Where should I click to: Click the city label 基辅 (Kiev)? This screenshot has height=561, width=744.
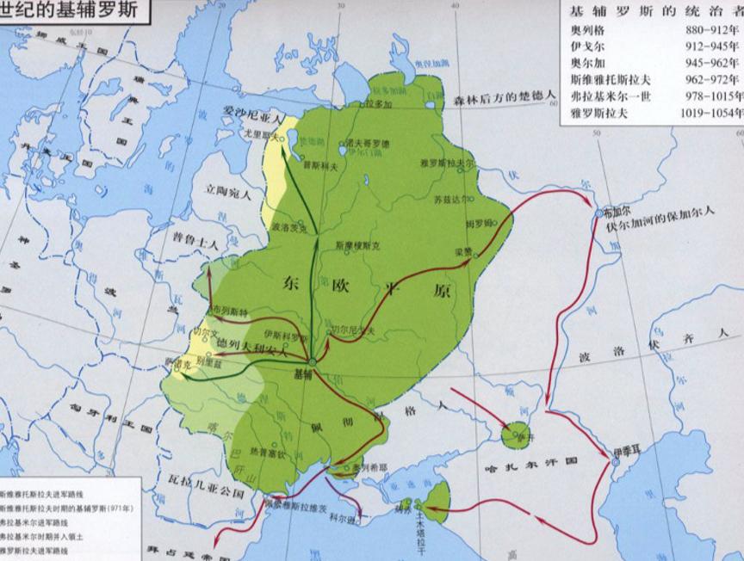tap(303, 374)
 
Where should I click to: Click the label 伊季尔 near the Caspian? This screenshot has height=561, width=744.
tap(623, 450)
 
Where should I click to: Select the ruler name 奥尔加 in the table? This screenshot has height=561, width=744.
tap(586, 62)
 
